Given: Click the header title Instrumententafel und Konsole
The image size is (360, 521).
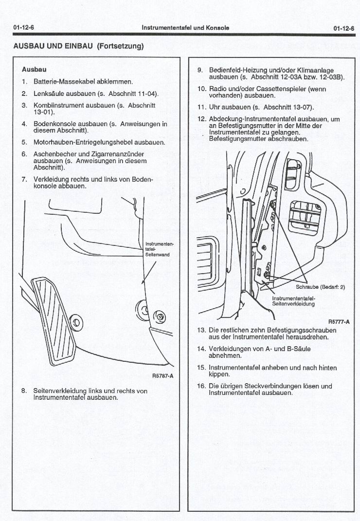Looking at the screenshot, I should (185, 28).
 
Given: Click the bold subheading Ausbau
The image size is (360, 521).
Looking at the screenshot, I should (31, 70).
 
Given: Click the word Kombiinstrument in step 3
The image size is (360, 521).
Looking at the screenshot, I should (57, 105).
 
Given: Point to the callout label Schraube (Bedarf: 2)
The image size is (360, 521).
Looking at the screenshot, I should (320, 287).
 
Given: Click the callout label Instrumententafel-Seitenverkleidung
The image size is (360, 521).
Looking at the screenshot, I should (293, 301).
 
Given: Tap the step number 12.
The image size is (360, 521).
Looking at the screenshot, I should (201, 119).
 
